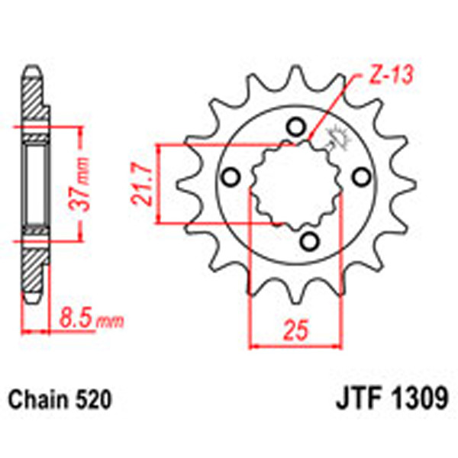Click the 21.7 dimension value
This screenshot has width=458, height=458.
pyautogui.click(x=140, y=183)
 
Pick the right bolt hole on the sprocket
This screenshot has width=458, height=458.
pyautogui.click(x=359, y=177)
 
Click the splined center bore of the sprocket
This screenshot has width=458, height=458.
pyautogui.click(x=294, y=183)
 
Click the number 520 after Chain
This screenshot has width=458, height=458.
pyautogui.click(x=95, y=400)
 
